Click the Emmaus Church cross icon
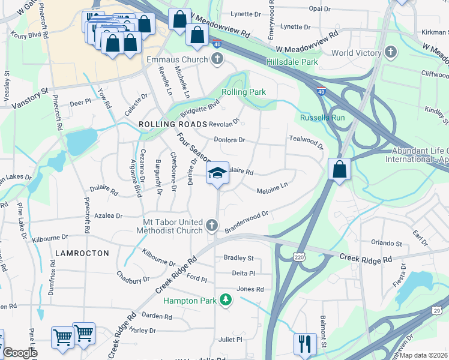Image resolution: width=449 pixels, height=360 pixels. click(x=217, y=59)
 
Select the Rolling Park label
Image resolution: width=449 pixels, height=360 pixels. click(x=244, y=92)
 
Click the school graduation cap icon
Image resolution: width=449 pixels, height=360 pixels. click(x=217, y=174)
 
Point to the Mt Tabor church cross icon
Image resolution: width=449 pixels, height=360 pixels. click(x=211, y=225)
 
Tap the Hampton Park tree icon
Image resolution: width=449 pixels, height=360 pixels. click(x=225, y=299)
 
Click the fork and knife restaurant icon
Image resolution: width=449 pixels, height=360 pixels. click(x=304, y=343)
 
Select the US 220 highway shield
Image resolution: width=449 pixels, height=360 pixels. click(x=299, y=257)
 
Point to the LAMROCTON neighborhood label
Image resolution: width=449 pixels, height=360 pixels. click(x=82, y=253)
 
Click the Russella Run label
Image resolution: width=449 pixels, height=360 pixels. click(x=323, y=118)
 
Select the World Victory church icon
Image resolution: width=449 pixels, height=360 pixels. click(x=391, y=53)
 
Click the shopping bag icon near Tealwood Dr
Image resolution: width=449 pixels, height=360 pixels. click(x=339, y=169)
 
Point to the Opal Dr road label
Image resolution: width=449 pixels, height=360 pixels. click(x=319, y=9)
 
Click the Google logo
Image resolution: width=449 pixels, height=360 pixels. click(x=20, y=353)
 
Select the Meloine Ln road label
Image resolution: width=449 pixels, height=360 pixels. click(x=273, y=188)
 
